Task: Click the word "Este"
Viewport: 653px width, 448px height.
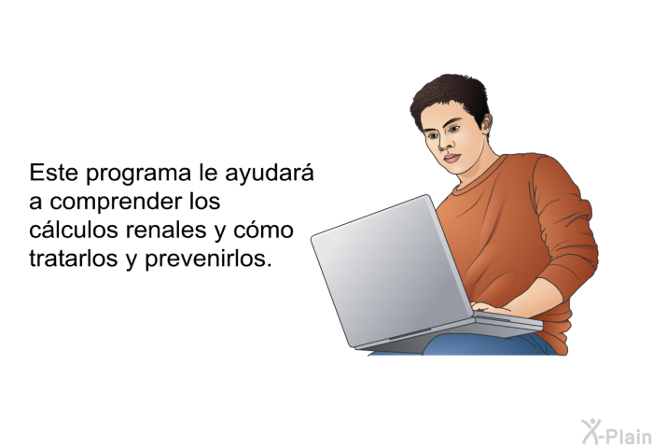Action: point(53,172)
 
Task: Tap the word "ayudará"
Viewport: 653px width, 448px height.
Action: point(269,174)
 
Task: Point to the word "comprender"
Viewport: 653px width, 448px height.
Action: point(117,203)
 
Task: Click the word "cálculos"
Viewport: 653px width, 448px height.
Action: point(74,230)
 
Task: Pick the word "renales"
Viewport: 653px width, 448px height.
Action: point(166,230)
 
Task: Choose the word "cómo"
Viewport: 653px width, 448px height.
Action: point(264,230)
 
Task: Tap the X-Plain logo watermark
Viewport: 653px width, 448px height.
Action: point(617,432)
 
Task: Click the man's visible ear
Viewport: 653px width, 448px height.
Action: point(486,124)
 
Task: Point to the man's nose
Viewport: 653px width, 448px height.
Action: point(446,144)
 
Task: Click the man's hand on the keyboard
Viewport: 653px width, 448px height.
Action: point(492,308)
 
